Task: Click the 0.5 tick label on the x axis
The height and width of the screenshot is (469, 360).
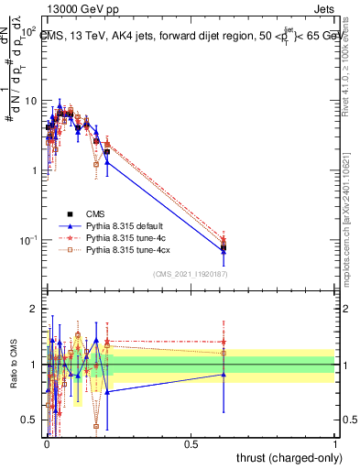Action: click(191, 442)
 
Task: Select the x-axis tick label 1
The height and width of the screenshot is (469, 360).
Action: click(335, 442)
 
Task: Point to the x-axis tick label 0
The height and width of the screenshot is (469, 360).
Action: click(47, 442)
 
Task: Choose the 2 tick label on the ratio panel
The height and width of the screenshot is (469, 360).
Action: click(35, 309)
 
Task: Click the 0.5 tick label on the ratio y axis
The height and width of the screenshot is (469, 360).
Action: click(30, 420)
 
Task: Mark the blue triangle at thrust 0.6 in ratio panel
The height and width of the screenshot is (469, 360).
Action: click(224, 374)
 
